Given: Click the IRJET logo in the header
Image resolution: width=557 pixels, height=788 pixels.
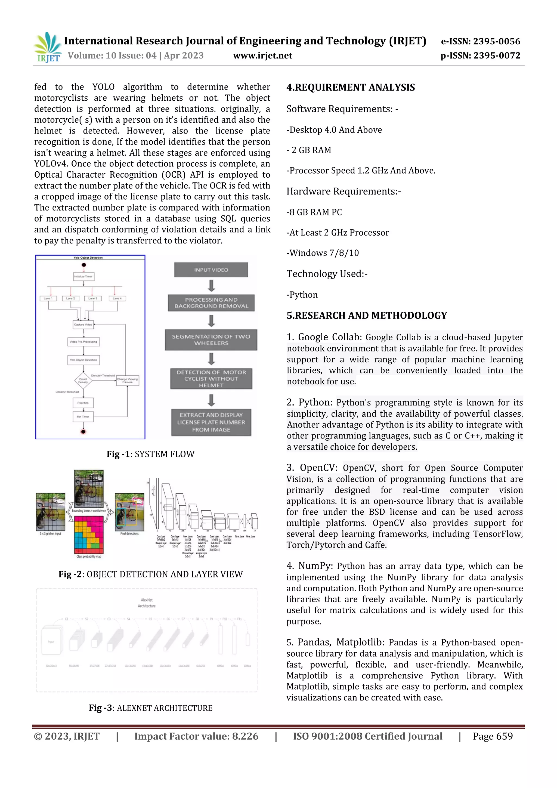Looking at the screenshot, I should [x=48, y=47].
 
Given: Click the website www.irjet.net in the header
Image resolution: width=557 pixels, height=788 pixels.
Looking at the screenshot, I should [x=262, y=55].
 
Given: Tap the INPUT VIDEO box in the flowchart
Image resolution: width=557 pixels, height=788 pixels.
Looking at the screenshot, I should [x=211, y=270].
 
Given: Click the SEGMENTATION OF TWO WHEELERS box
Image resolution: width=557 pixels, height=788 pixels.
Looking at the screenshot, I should [x=211, y=340].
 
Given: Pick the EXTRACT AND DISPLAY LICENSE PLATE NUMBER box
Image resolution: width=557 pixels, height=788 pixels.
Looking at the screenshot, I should [x=211, y=422].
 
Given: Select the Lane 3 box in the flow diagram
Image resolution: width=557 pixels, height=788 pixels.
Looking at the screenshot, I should [x=93, y=298].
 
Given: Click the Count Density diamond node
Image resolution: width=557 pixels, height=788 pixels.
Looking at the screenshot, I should [x=83, y=381].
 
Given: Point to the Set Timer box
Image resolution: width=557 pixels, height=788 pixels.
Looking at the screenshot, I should [x=83, y=417].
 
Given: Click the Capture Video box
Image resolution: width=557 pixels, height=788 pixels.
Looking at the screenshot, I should [x=83, y=324].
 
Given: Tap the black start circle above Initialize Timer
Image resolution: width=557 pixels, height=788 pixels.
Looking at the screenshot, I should [x=84, y=265].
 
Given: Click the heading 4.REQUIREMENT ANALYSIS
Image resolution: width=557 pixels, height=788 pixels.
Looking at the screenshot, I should [x=350, y=88].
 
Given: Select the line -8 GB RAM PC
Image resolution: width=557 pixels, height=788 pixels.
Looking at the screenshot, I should [x=314, y=212].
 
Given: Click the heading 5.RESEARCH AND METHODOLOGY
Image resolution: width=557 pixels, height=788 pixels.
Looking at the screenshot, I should [x=367, y=316].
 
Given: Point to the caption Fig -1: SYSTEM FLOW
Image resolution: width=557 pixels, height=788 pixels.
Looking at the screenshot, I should [x=150, y=454].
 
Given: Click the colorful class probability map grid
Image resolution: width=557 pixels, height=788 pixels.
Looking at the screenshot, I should [x=89, y=535].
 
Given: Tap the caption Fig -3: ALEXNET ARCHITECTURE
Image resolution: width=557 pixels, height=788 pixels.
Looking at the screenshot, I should [x=150, y=708].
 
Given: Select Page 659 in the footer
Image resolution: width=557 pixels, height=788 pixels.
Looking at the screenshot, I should [x=493, y=736].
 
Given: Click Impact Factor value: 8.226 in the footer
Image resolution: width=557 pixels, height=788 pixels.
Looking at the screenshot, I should [x=196, y=736].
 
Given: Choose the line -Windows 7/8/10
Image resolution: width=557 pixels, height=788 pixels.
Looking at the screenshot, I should [x=322, y=253].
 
